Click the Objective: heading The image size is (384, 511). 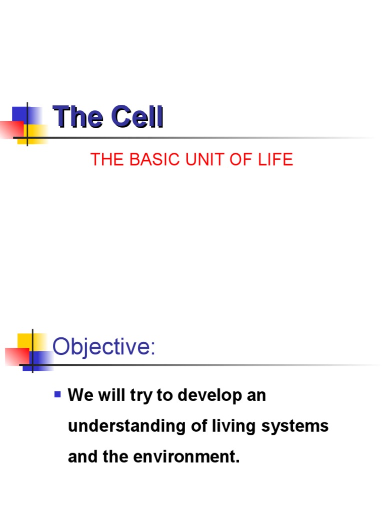click(x=104, y=346)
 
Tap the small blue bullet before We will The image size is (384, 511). click(x=57, y=395)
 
